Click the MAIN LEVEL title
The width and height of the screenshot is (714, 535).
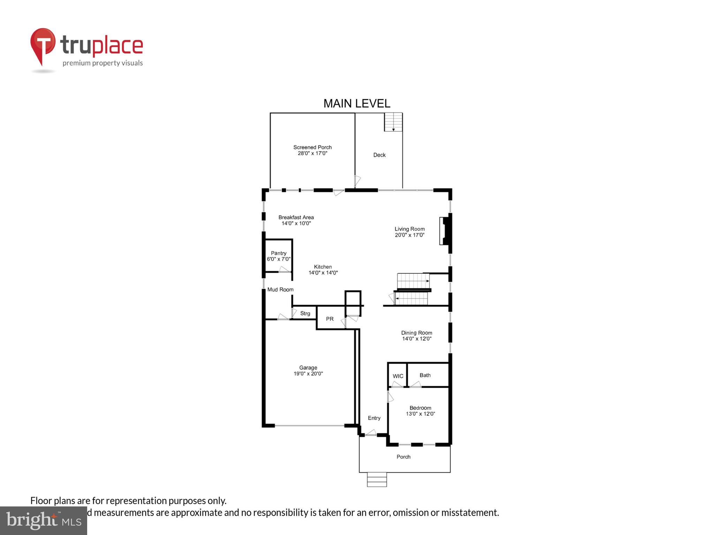point(357,103)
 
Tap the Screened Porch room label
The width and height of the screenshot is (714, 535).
point(312,147)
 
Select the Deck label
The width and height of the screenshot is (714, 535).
point(379,155)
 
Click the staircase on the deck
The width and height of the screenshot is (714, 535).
point(393,122)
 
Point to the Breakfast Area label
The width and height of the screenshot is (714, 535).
point(296,217)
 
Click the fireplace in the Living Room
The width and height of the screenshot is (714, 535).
point(445,231)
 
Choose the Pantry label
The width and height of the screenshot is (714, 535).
point(279,253)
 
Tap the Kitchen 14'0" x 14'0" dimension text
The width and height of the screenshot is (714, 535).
point(323,273)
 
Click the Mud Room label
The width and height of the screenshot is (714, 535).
point(280,289)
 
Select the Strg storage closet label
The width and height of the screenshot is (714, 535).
point(305,313)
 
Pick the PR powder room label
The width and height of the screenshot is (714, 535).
point(329,319)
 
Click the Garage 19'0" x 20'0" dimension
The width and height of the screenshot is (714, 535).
point(308,374)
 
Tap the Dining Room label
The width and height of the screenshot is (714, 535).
point(416,333)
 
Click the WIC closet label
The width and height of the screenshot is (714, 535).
point(398,376)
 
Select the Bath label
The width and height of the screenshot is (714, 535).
point(425,375)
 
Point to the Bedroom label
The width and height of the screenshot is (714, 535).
point(420,408)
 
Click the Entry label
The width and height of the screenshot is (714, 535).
point(374,418)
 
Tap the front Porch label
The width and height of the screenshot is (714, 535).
point(403,457)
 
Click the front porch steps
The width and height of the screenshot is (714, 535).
point(377,480)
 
